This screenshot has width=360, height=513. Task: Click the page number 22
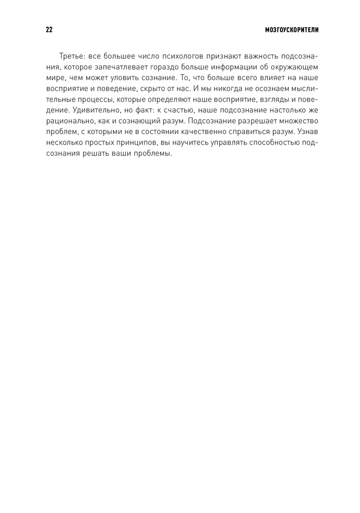[x=49, y=30]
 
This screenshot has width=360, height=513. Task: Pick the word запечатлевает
[x=118, y=67]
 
